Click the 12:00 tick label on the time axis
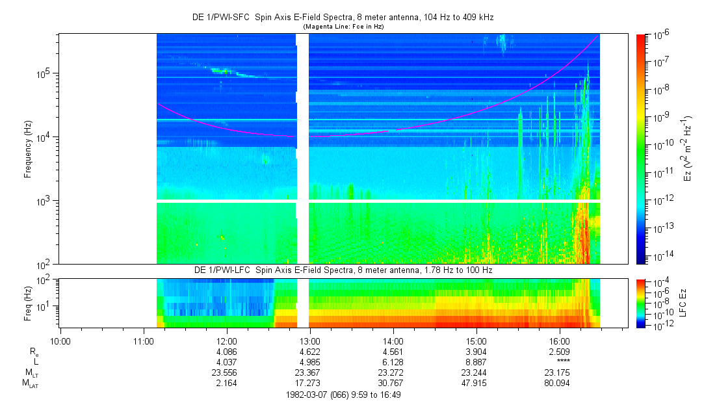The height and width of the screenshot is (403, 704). [226, 341]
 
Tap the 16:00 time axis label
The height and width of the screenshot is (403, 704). [560, 341]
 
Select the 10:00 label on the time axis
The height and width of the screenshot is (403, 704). [60, 341]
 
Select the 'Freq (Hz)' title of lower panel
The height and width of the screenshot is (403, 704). [28, 303]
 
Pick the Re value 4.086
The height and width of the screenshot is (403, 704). [226, 352]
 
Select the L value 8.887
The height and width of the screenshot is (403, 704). [476, 362]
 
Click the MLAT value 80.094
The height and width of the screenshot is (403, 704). [560, 383]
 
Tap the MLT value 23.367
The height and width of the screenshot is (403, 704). [309, 372]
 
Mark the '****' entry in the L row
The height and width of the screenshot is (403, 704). [560, 362]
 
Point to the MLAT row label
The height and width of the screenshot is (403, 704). [31, 384]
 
